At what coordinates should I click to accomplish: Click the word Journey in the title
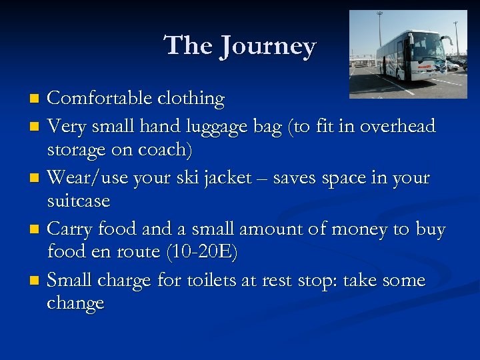pos(269,47)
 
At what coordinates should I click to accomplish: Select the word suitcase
pos(78,201)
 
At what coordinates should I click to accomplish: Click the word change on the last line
pos(75,303)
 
